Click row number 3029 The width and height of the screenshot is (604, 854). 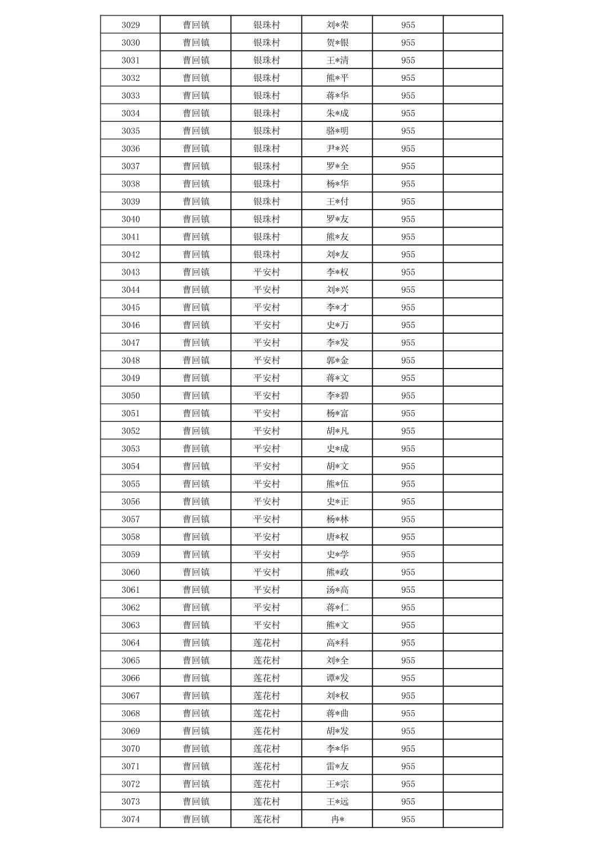[130, 25]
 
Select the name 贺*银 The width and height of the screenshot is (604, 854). [337, 43]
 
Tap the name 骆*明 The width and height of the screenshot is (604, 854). [337, 131]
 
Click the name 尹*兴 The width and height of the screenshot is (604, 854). [337, 148]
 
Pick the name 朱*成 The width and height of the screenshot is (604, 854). [337, 113]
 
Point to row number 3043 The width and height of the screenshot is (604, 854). [130, 272]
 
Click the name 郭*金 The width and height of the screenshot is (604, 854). [337, 360]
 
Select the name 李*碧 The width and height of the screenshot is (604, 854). [337, 396]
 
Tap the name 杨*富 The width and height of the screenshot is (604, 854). [337, 413]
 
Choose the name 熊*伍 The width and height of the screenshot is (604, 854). [337, 484]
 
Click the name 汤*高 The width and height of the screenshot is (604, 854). [337, 589]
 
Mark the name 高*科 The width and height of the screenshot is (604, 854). [337, 643]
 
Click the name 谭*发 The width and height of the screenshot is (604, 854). [337, 678]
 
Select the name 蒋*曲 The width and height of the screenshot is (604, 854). [337, 713]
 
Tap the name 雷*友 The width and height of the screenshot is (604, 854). [337, 766]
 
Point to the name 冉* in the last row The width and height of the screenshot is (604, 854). [337, 819]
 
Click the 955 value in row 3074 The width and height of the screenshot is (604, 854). [408, 819]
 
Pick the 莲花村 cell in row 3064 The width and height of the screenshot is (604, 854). [267, 643]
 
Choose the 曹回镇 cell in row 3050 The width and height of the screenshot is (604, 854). [196, 396]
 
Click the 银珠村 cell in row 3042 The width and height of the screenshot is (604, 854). [267, 255]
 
